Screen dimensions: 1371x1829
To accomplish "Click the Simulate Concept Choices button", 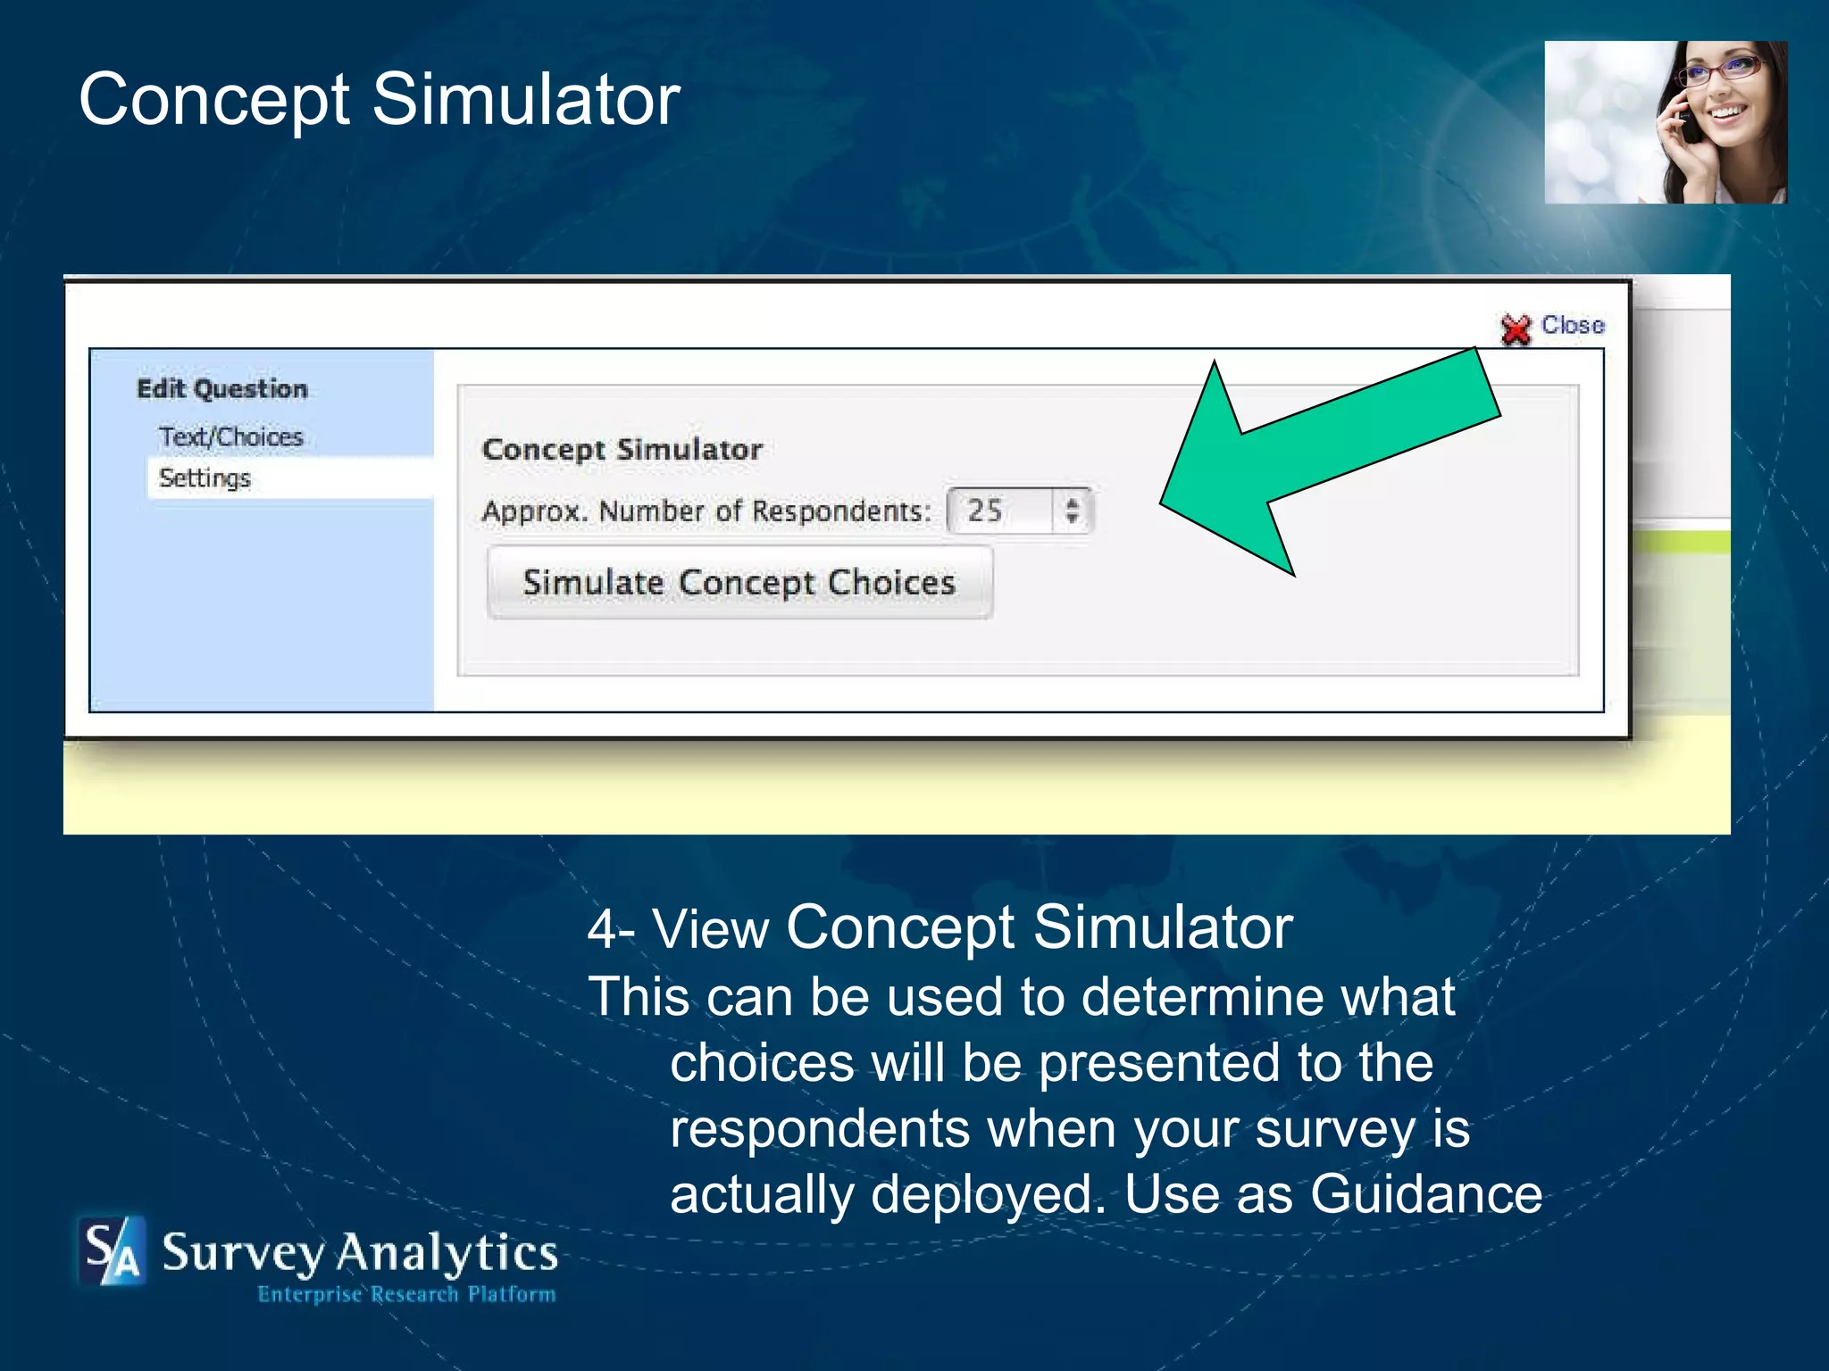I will pos(739,583).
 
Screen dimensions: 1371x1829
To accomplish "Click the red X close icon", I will pos(1516,329).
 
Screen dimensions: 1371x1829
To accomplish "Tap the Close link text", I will pos(1573,325).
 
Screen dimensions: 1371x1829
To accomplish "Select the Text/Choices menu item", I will pos(231,437).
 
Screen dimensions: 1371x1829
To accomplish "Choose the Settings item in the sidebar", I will pos(205,478).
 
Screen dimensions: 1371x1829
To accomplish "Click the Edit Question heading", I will pos(222,389).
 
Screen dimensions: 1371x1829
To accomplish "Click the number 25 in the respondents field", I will pos(985,511).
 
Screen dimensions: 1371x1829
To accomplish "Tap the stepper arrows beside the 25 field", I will pos(1073,511).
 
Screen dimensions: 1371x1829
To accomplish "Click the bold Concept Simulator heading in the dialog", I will pos(622,449).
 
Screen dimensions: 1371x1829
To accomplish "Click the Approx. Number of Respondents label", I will pos(706,511).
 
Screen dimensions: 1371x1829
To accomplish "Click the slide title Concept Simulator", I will pos(380,99).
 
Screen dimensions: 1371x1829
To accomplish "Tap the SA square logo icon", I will pos(112,1251).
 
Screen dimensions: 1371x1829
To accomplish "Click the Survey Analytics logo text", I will pos(360,1251).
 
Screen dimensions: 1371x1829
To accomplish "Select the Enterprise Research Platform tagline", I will pos(406,1294).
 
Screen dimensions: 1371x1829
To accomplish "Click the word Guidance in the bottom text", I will pos(1426,1194).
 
